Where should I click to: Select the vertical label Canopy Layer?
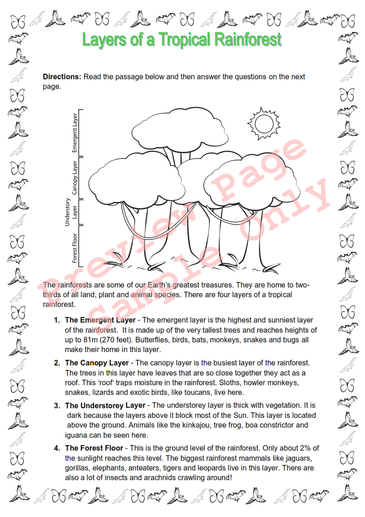coord(75,177)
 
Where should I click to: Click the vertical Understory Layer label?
coord(71,211)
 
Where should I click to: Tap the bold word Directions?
coord(62,77)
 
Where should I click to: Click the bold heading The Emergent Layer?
coord(100,320)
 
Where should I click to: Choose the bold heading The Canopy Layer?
coord(97,363)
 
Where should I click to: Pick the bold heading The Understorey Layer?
coord(105,405)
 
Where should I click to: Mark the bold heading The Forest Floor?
coord(94,448)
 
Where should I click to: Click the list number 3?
coord(57,405)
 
